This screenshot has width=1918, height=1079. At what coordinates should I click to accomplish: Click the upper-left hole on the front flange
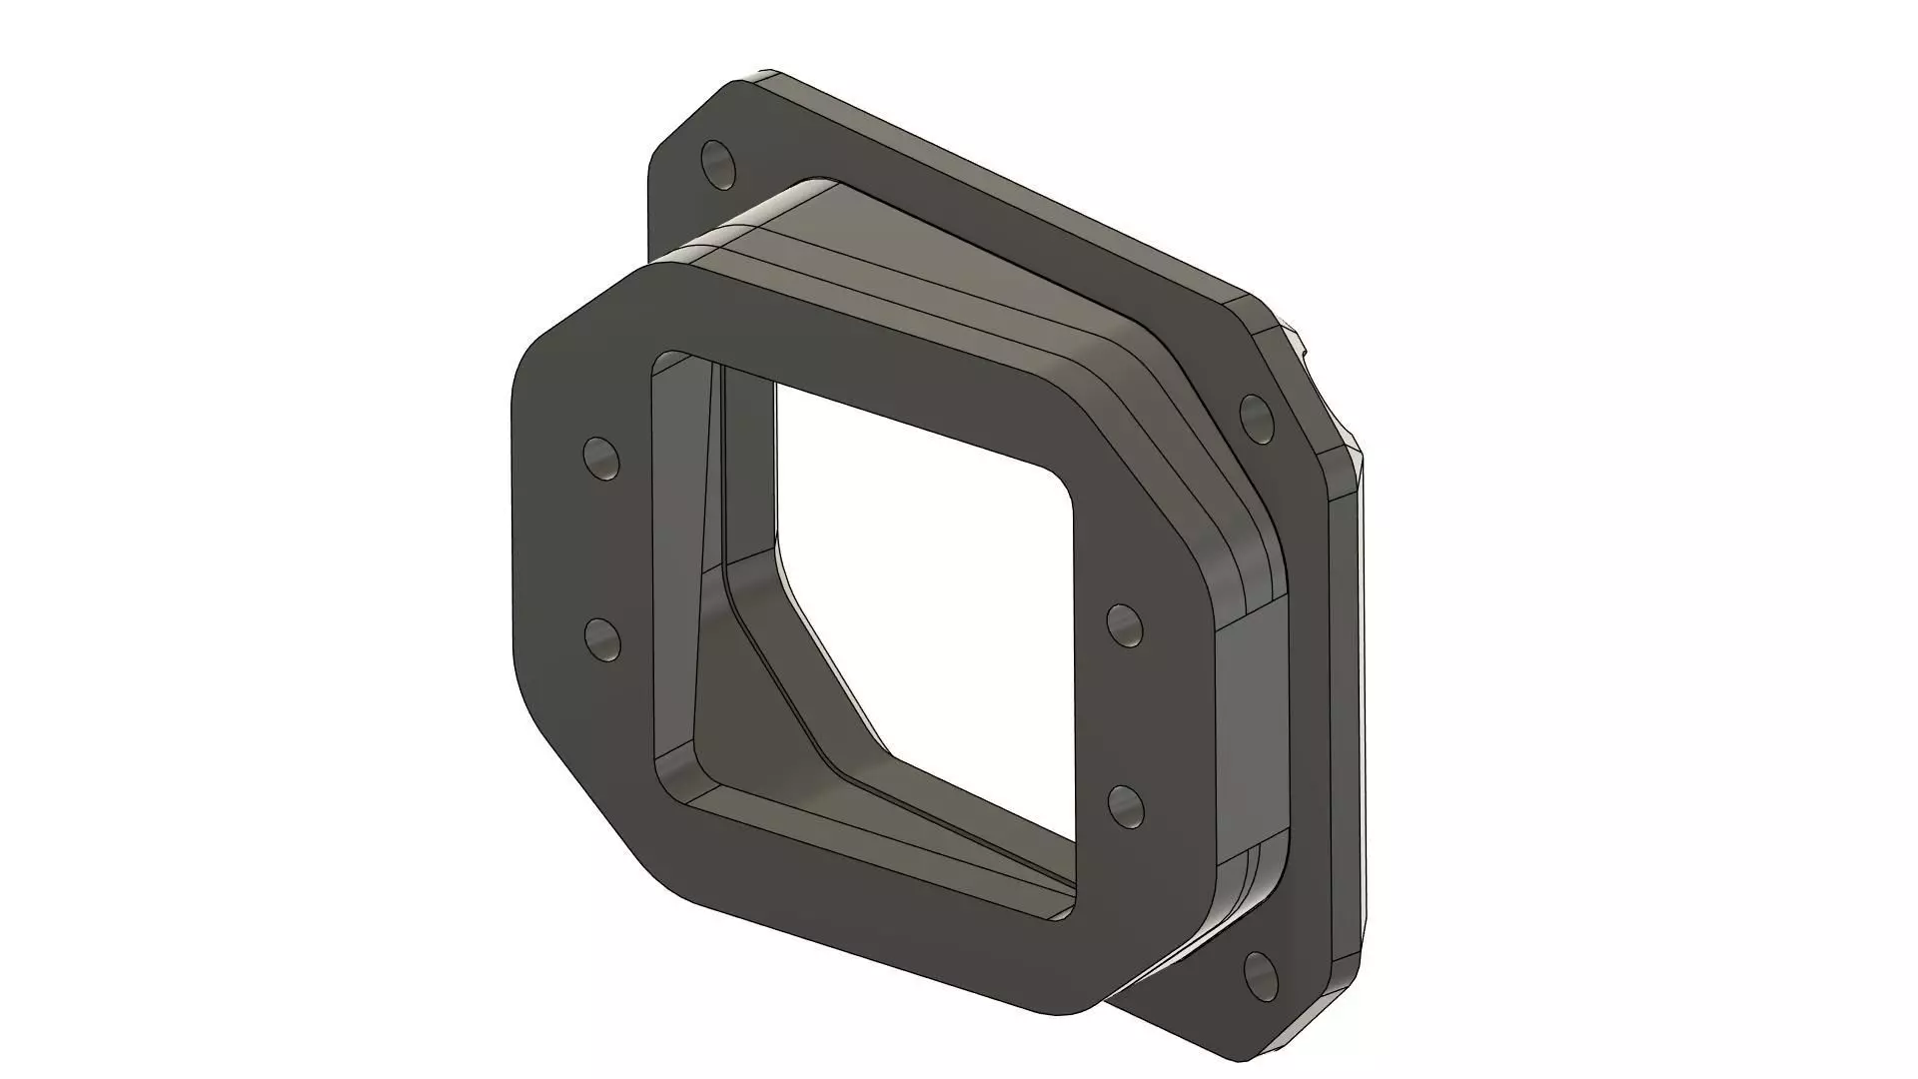[x=601, y=458]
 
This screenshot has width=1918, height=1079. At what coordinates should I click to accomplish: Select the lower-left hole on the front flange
[x=601, y=638]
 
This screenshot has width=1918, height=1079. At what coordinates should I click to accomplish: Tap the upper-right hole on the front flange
[x=1126, y=624]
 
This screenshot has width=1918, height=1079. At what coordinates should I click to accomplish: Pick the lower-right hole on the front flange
[x=1126, y=805]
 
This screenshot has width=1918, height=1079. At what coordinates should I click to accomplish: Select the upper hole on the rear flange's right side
[x=1255, y=415]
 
